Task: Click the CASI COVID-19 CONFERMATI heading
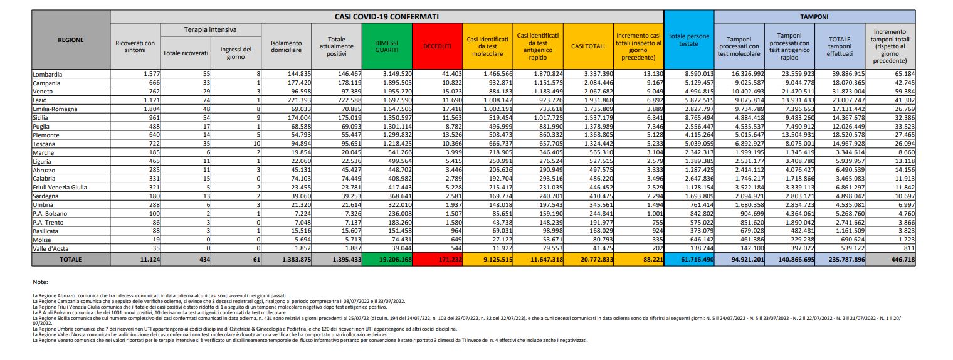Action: tap(386, 16)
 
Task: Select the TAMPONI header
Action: tap(815, 16)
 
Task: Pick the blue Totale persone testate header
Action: tap(688, 40)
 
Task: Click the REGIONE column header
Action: tap(70, 40)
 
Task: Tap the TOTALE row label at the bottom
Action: tap(70, 259)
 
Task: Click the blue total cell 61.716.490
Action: tap(688, 259)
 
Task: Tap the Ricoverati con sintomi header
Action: tap(135, 46)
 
